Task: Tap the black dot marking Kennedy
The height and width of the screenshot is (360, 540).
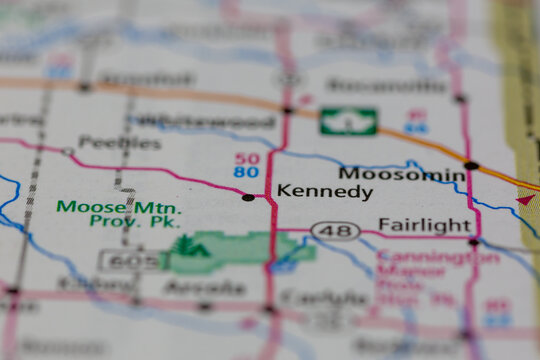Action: coord(248,197)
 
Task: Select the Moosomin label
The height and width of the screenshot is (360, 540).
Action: coord(401,175)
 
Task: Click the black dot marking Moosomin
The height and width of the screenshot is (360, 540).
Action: coord(471,165)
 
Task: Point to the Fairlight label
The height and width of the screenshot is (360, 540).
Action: coord(424,225)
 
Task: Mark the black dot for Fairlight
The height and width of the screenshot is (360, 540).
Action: coord(473,241)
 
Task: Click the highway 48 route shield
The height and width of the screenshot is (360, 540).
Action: coord(335,231)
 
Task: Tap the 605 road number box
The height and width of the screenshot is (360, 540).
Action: coord(129,261)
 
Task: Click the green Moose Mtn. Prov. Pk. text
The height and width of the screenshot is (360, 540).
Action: coord(119,214)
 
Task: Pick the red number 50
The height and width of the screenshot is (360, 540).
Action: coord(247,158)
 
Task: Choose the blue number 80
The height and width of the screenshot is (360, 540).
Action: coord(247,172)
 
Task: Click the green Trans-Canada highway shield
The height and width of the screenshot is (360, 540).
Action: coord(348,122)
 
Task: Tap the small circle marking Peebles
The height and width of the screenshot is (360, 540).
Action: coord(68,152)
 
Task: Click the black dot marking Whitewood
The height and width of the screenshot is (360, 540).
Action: coord(287,110)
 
